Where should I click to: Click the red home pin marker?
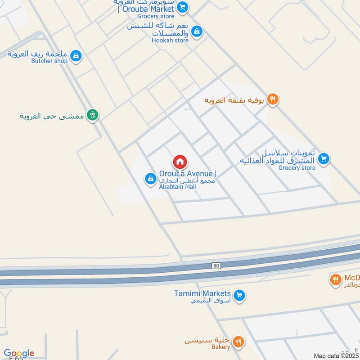point(180,162)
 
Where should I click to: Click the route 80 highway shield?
point(216,266)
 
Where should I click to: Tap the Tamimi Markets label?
point(202,294)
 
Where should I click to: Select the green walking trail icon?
point(93,115)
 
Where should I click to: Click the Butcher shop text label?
point(49,61)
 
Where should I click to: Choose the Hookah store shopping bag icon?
point(196,31)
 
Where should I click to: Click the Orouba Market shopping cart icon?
point(182,7)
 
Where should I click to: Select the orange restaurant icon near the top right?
point(272,99)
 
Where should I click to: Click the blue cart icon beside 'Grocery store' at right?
point(323,159)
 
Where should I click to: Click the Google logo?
point(18,353)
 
